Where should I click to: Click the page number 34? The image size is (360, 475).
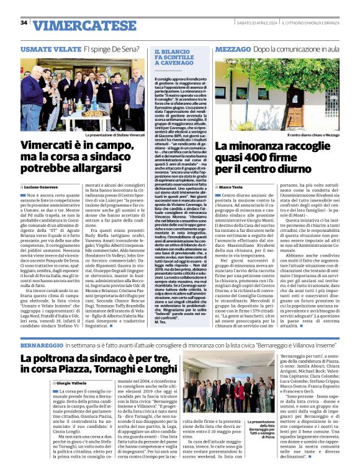point(24,23)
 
